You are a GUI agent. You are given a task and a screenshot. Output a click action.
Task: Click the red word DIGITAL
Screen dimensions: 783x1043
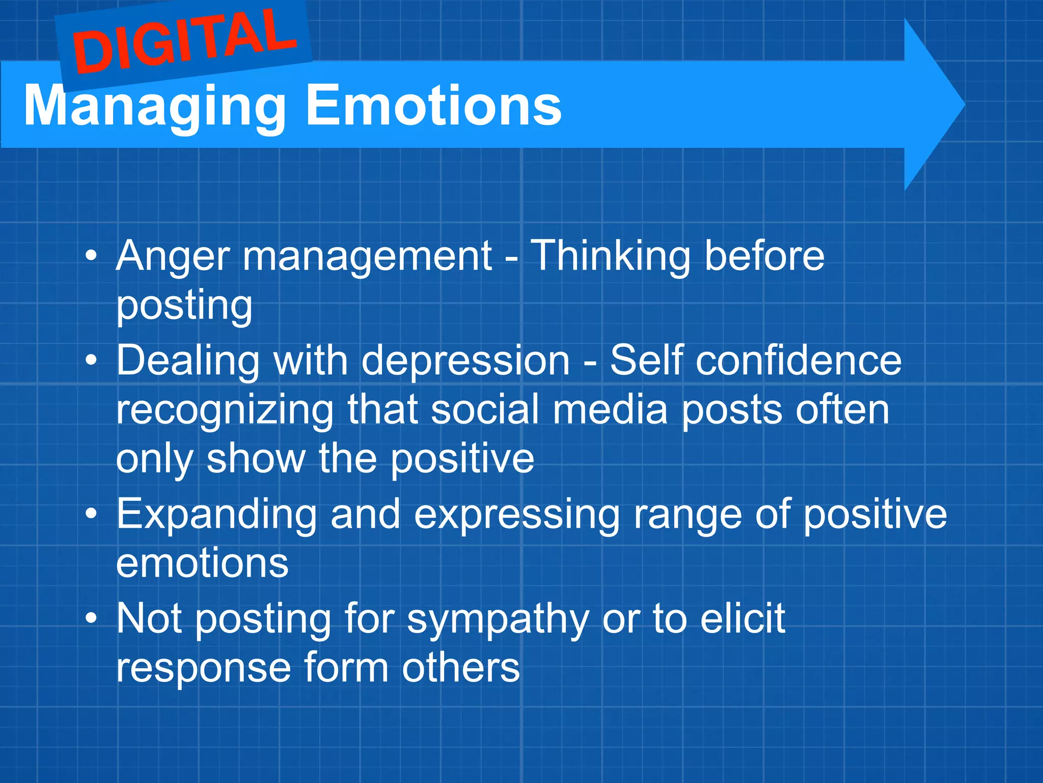click(184, 42)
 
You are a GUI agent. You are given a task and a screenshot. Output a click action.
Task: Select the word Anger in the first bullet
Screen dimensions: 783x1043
click(173, 256)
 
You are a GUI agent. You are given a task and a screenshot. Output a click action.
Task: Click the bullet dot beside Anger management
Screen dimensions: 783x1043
click(91, 256)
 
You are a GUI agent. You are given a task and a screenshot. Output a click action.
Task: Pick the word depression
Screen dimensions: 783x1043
click(465, 361)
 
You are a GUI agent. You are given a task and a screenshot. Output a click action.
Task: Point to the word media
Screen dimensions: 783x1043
click(610, 409)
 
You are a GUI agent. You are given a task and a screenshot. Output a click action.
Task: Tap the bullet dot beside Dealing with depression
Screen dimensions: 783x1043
click(91, 360)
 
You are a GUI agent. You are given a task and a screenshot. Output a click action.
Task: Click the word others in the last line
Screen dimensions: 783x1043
click(460, 667)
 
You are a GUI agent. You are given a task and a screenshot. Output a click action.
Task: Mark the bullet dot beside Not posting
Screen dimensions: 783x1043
click(91, 618)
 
